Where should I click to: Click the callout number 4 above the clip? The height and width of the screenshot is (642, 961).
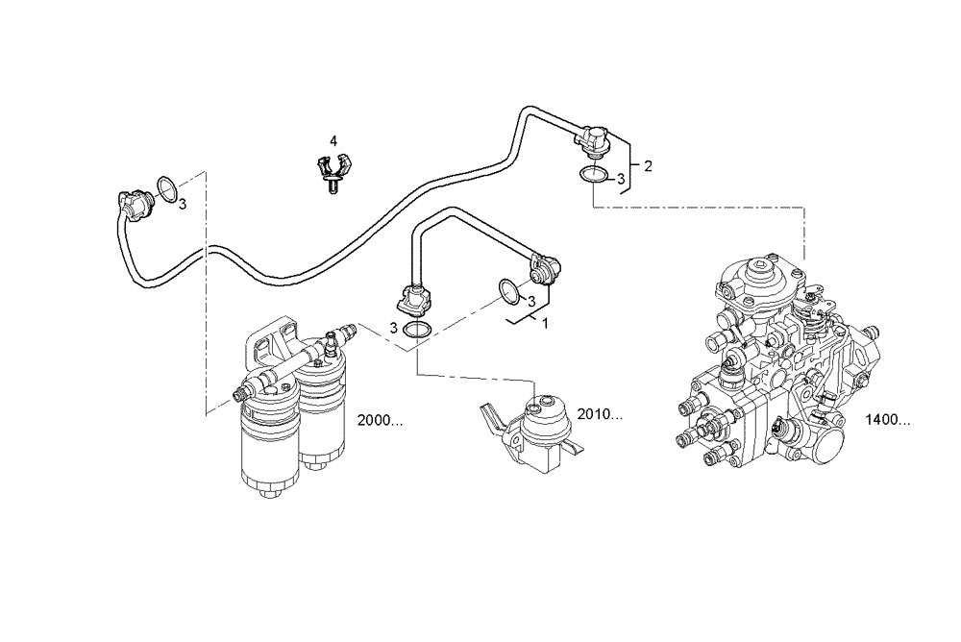click(x=333, y=141)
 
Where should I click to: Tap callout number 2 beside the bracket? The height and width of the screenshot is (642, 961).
click(x=648, y=166)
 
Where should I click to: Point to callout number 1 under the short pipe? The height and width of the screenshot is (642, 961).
click(x=545, y=324)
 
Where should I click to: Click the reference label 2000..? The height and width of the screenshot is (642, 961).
click(x=378, y=421)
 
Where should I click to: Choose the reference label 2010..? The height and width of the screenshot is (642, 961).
click(x=602, y=415)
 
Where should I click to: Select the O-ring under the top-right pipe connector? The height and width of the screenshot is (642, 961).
click(x=593, y=176)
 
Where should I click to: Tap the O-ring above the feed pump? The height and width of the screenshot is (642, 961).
click(x=417, y=330)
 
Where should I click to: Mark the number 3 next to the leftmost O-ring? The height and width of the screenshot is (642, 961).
click(x=182, y=203)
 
